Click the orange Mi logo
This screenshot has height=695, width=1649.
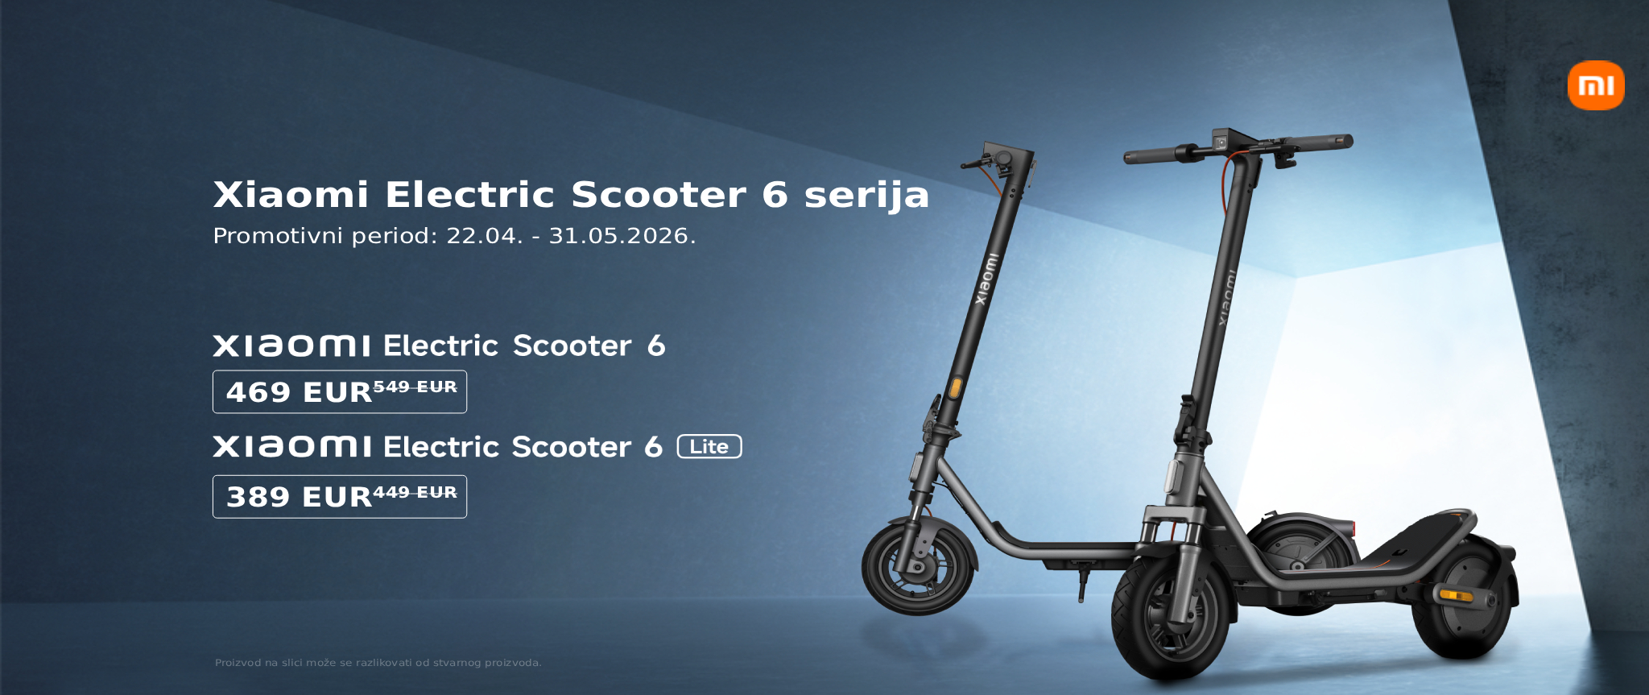[x=1596, y=85]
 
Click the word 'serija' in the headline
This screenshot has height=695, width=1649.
[x=866, y=196]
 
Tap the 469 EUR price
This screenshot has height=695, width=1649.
[x=299, y=392]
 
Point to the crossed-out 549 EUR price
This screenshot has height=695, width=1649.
[x=415, y=387]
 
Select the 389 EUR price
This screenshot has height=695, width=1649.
[x=299, y=497]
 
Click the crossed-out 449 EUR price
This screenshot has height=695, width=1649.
[x=415, y=492]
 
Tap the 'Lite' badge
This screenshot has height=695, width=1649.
[x=709, y=446]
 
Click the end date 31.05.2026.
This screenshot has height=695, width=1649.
[x=622, y=236]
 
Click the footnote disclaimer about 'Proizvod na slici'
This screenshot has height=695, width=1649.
[x=378, y=663]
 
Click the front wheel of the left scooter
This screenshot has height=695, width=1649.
[x=919, y=566]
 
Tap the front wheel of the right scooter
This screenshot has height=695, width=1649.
[x=1171, y=616]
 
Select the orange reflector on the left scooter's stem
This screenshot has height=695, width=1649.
[x=955, y=387]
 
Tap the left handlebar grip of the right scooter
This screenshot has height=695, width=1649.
[x=1152, y=155]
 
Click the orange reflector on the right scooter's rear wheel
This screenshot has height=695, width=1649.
[x=1456, y=595]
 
